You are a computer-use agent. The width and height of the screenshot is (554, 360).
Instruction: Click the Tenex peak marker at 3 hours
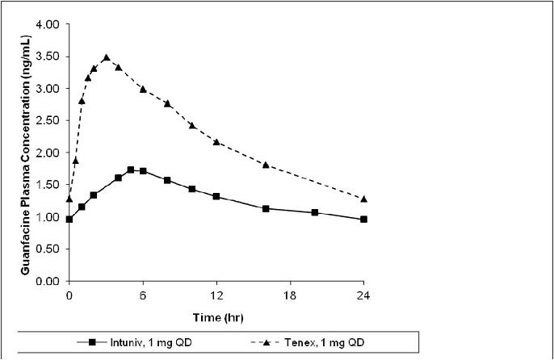(106, 57)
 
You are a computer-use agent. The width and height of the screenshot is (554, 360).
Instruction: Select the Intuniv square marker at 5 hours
(131, 170)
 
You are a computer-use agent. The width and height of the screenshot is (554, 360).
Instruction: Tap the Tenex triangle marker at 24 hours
(363, 199)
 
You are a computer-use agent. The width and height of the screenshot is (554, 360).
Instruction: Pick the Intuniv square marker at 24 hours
(363, 219)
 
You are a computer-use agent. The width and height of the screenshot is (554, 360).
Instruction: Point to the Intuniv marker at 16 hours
(266, 208)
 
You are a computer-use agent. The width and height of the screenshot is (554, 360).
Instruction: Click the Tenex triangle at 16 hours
(266, 165)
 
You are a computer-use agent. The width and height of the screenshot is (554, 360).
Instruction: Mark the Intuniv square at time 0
(69, 219)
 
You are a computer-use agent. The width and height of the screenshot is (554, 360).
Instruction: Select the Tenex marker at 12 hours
(216, 141)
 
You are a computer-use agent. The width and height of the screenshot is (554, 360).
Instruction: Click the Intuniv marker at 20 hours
(315, 212)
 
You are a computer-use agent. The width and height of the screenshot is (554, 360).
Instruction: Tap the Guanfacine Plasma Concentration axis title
(25, 153)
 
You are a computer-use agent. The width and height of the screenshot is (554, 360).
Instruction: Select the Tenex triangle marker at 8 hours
(167, 103)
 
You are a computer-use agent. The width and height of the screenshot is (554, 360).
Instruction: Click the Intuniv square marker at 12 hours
(216, 196)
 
